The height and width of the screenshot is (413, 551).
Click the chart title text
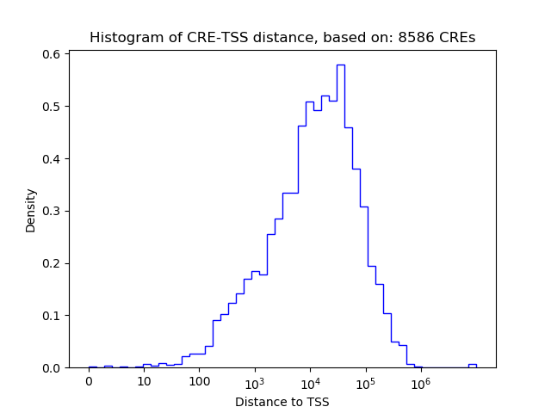pos(282,38)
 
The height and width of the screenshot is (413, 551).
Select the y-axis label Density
pos(31,211)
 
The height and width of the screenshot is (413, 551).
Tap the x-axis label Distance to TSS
pos(282,401)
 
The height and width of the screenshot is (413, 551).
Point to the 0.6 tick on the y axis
pos(53,54)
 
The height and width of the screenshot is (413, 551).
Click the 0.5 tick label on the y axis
pos(53,107)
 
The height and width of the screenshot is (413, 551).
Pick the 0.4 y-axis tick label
pos(53,159)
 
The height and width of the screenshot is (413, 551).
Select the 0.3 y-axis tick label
pos(53,211)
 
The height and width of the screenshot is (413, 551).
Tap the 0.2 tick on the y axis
pos(53,263)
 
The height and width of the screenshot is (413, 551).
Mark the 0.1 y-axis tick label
pos(53,316)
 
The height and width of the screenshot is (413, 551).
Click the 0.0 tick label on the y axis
pos(53,368)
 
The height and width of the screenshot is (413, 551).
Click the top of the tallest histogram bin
pos(341,65)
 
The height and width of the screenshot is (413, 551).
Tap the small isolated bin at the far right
pos(472,366)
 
